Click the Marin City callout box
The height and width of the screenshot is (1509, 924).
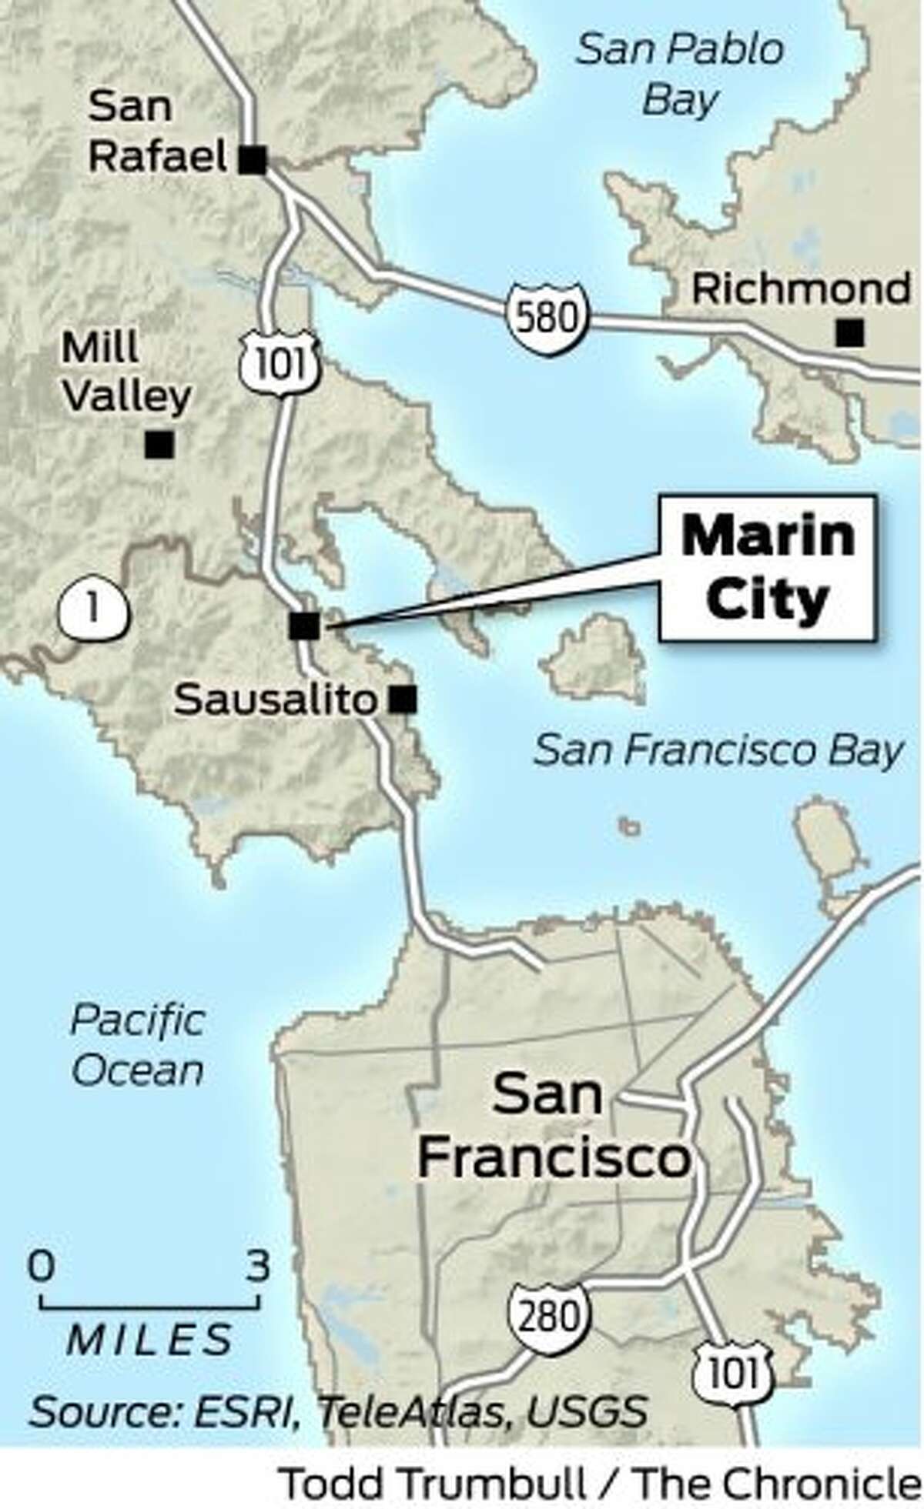click(767, 567)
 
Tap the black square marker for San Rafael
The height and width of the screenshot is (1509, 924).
click(253, 161)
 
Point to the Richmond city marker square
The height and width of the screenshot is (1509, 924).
click(850, 333)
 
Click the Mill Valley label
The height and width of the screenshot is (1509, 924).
click(126, 372)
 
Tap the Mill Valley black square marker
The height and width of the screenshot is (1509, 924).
click(160, 444)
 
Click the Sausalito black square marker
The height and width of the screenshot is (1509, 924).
click(403, 699)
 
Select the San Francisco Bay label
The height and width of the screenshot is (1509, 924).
click(717, 750)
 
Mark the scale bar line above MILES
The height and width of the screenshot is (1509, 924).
click(149, 1305)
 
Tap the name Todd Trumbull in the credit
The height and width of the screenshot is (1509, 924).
click(432, 1480)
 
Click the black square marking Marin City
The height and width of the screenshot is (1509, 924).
click(304, 626)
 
